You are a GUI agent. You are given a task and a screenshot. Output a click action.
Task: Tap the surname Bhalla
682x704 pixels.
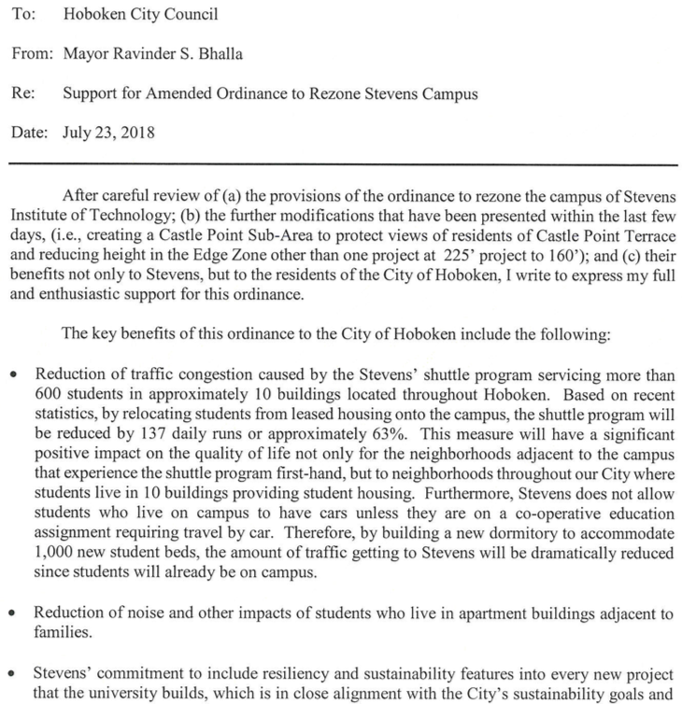click(x=222, y=53)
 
